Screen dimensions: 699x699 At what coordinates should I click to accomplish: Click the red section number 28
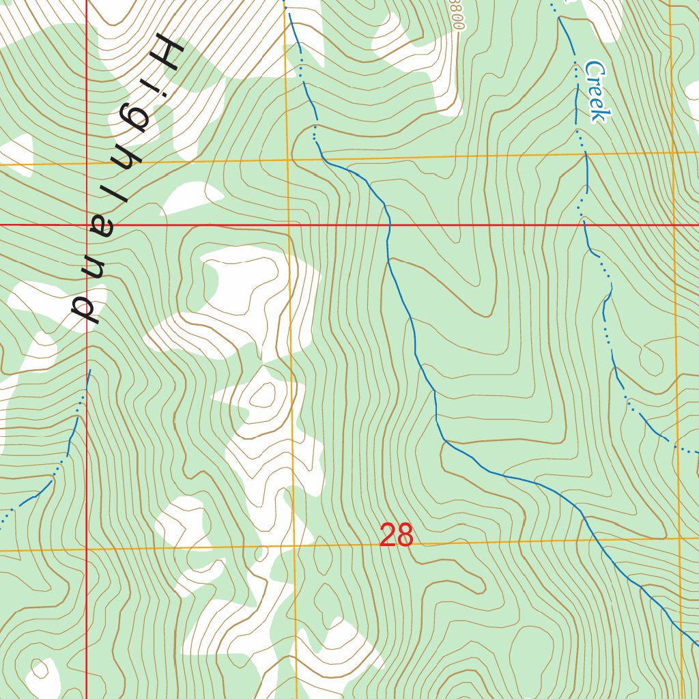point(396,535)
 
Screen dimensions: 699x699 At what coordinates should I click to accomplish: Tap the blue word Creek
point(595,91)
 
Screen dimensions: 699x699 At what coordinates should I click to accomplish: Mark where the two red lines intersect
point(87,224)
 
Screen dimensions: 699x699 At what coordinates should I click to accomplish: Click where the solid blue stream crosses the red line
point(390,223)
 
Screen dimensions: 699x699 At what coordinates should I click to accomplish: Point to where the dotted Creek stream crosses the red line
point(582,223)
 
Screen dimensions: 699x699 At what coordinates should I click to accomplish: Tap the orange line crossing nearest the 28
point(295,546)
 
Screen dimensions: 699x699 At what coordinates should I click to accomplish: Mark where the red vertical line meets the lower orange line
point(87,549)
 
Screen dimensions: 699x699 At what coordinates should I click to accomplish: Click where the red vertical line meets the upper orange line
point(87,164)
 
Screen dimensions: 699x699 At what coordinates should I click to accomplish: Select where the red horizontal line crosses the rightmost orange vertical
point(673,223)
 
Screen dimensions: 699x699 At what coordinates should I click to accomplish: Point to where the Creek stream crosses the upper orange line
point(584,155)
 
